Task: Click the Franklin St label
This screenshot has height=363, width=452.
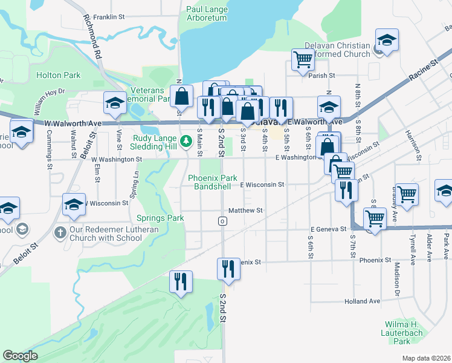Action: (x=108, y=17)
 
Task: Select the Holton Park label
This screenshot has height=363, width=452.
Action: (x=59, y=76)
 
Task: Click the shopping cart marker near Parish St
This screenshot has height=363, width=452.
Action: (x=303, y=60)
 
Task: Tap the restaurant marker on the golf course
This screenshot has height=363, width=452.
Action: (x=181, y=281)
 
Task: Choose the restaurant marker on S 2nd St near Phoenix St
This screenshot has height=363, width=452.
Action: (x=228, y=269)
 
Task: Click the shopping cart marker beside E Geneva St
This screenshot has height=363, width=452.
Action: (x=375, y=219)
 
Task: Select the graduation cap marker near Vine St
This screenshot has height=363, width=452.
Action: (x=114, y=103)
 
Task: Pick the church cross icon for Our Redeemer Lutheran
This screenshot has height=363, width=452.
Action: (x=60, y=232)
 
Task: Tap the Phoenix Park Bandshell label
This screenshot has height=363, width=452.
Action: (x=212, y=182)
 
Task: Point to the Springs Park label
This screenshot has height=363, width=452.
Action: (x=160, y=218)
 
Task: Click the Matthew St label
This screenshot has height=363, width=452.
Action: (x=246, y=211)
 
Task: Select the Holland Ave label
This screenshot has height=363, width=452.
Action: (x=362, y=301)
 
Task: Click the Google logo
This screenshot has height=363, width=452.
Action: (x=20, y=356)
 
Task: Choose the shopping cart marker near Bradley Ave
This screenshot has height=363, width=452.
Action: (x=407, y=195)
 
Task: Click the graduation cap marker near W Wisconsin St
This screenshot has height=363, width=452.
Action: (x=74, y=205)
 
